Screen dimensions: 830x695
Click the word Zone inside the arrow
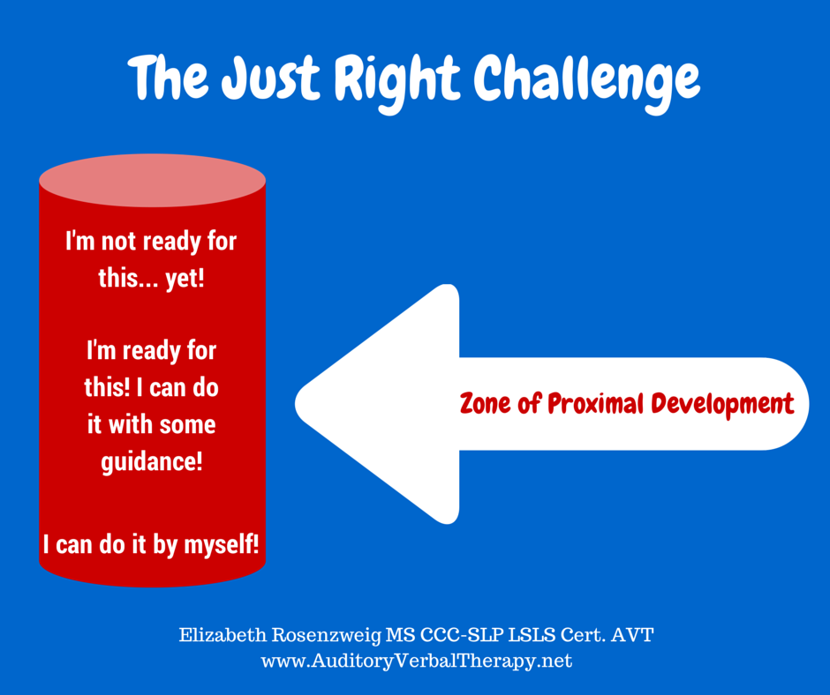tap(485, 404)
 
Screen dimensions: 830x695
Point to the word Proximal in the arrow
tap(595, 404)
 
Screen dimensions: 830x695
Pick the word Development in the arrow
tap(722, 404)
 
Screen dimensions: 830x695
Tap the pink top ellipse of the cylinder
tap(153, 180)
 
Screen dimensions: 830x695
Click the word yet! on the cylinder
tap(185, 279)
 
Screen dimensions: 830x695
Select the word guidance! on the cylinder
tap(152, 462)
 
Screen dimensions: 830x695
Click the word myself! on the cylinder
tap(222, 545)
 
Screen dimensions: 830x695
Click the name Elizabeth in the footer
tap(223, 634)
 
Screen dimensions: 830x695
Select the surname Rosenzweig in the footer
tap(327, 635)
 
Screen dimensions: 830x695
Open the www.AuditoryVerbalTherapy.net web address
tap(417, 661)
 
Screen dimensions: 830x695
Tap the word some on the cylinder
tap(187, 426)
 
